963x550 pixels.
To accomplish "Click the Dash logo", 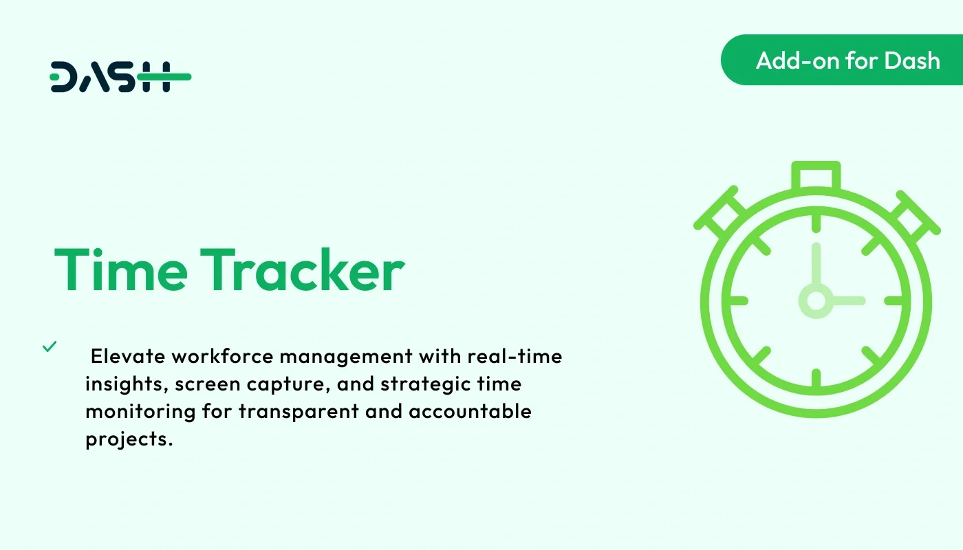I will tap(120, 76).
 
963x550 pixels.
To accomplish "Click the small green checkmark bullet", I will tap(50, 346).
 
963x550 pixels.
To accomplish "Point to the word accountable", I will tap(470, 412).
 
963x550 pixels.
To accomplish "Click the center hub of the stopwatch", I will tap(816, 301).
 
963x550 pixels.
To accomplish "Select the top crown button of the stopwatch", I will tap(816, 176).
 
